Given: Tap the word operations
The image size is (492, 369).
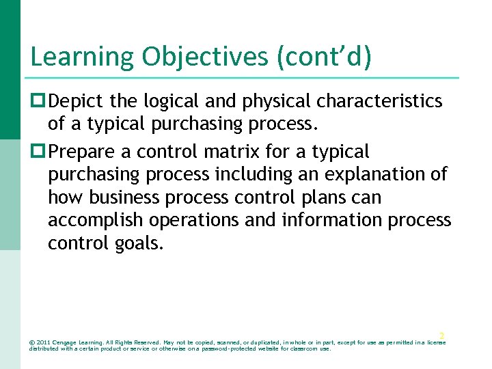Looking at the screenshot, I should [x=193, y=220].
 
